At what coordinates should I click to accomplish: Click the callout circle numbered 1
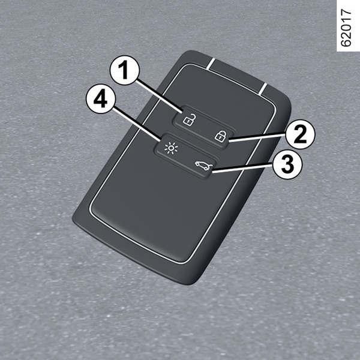click(x=125, y=70)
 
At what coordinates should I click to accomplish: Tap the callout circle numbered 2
click(x=301, y=134)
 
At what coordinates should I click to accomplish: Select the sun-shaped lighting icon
click(x=171, y=148)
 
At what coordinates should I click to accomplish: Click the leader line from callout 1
click(x=160, y=97)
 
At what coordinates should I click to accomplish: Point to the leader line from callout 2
click(x=257, y=138)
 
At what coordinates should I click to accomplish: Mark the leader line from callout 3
click(x=242, y=167)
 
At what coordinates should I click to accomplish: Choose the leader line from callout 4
click(x=137, y=123)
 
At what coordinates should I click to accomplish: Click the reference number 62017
click(x=346, y=28)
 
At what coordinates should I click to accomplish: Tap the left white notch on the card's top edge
click(x=211, y=64)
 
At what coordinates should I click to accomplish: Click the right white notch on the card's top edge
click(x=263, y=89)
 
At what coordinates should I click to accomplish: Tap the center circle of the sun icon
click(x=171, y=148)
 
